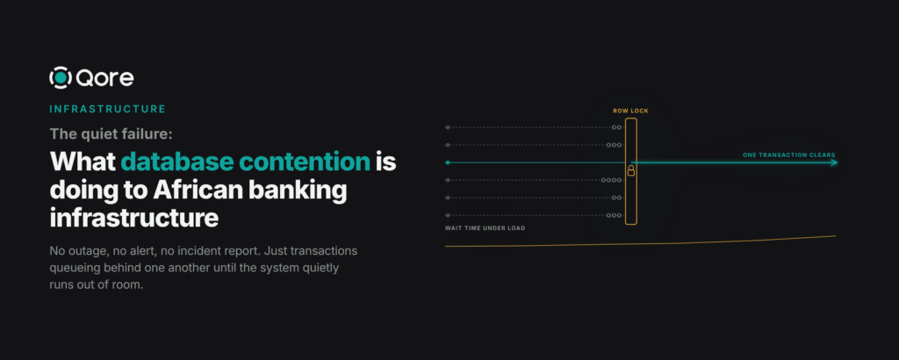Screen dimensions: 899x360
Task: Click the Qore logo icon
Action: pos(61,78)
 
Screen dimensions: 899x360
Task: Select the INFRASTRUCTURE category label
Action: pos(107,109)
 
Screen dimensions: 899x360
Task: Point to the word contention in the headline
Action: pos(305,162)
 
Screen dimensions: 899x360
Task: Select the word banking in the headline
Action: pos(306,191)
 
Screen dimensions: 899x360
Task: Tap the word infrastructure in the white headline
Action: pos(134,219)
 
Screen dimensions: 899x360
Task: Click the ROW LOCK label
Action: pos(630,111)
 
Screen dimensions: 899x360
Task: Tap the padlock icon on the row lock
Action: pos(630,170)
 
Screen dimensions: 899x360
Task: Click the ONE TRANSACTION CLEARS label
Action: pos(789,155)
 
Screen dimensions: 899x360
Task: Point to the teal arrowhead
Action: pos(834,162)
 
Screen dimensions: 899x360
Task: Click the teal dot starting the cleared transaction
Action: pos(448,162)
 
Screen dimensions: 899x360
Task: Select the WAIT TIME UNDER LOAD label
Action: pos(485,228)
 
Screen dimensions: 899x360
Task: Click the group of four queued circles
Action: pos(612,181)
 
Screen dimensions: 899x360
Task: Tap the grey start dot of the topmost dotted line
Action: pos(448,127)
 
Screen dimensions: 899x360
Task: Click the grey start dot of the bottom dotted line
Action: pos(448,215)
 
